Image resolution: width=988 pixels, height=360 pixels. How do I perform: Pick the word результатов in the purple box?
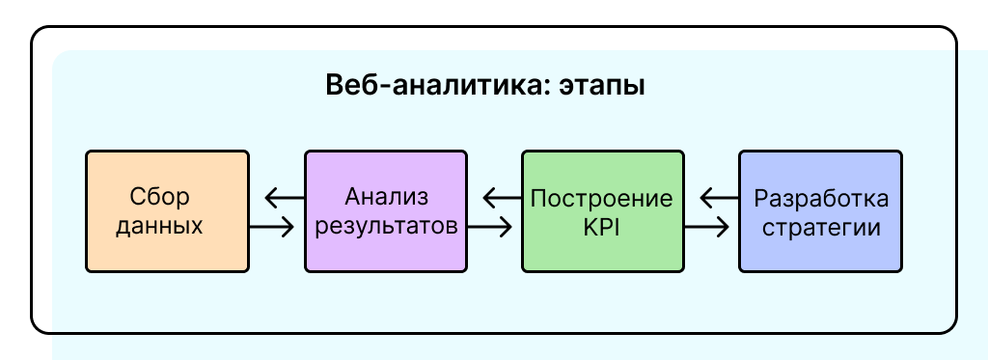tap(386, 228)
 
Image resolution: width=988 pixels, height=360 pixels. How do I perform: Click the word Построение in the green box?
tap(602, 198)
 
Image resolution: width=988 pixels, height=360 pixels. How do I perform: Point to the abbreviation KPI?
tap(602, 228)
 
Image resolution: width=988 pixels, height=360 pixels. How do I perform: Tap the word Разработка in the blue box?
tap(821, 198)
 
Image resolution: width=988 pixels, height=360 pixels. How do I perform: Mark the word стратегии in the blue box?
tap(821, 228)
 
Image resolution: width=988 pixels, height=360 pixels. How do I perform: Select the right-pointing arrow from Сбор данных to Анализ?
tap(272, 228)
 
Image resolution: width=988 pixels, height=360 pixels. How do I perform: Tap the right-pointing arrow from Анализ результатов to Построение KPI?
tap(490, 228)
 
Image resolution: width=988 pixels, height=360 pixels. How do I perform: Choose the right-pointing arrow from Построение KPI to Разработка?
tap(707, 228)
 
